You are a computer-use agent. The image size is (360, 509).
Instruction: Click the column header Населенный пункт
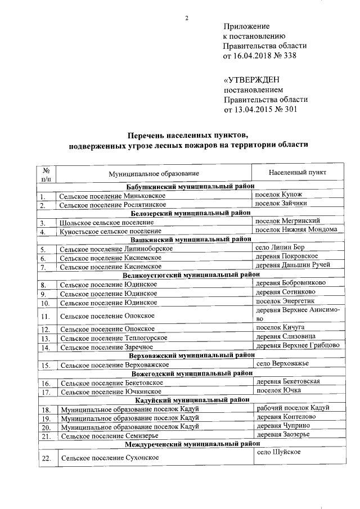[298, 172]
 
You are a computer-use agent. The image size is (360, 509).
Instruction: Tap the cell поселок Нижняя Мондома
[296, 229]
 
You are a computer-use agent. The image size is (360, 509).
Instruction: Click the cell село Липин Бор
[281, 247]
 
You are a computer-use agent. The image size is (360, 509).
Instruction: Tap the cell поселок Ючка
[278, 390]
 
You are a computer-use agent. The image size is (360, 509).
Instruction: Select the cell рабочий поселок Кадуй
[292, 408]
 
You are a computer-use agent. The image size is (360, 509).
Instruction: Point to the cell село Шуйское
[278, 453]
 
